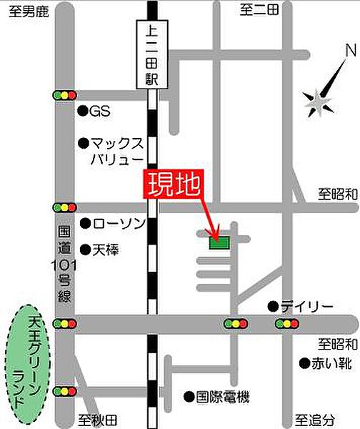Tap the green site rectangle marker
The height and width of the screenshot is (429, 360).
pos(219,243)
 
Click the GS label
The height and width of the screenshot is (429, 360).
pos(99,111)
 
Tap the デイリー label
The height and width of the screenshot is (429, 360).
pos(306,307)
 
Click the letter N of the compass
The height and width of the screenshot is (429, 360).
pos(349,51)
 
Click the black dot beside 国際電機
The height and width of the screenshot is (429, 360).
pos(189,395)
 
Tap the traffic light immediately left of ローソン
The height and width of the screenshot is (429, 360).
pos(64,207)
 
